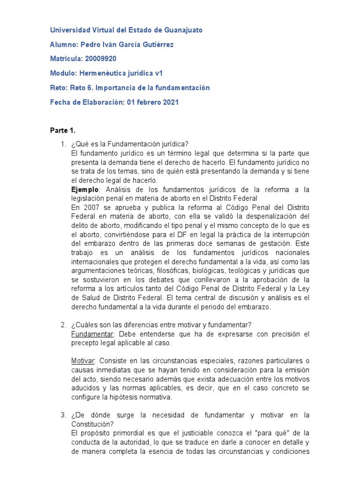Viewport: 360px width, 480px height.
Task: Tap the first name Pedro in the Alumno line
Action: [x=91, y=45]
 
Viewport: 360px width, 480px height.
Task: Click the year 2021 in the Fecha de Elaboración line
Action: [x=171, y=102]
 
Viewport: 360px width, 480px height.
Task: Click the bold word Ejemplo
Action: [x=84, y=189]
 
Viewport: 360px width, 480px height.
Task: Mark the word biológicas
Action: [x=202, y=271]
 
